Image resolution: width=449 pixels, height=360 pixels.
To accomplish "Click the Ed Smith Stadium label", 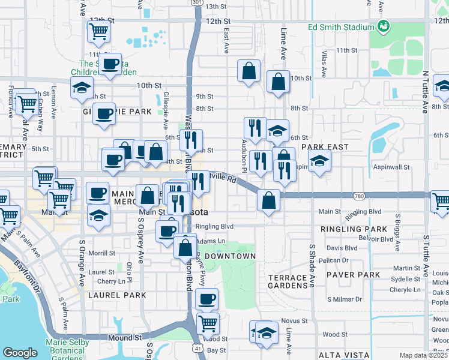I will pyautogui.click(x=340, y=27).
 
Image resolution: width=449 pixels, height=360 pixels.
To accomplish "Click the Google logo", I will pyautogui.click(x=20, y=353).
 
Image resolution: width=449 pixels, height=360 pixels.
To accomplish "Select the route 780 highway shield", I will pyautogui.click(x=360, y=196).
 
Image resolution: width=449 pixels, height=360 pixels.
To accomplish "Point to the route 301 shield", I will pyautogui.click(x=196, y=2).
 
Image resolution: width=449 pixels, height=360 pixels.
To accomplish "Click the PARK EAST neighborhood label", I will pyautogui.click(x=325, y=146).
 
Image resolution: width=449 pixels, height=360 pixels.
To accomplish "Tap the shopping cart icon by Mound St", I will pyautogui.click(x=208, y=323).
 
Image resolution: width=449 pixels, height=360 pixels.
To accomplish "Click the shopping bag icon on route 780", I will pyautogui.click(x=269, y=200).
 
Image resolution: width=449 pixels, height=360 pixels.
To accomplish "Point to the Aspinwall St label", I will pyautogui.click(x=391, y=168).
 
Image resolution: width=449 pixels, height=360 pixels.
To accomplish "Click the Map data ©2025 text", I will pyautogui.click(x=423, y=355).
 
